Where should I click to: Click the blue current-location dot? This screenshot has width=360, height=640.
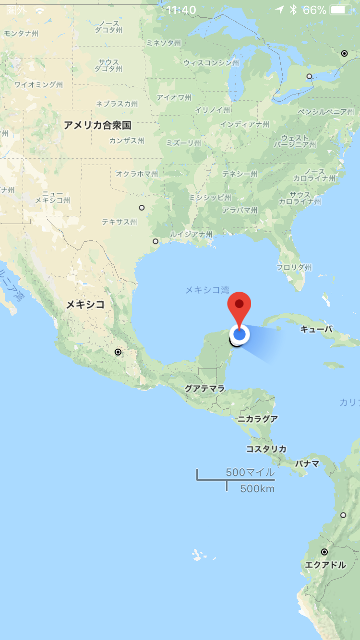[x=240, y=334]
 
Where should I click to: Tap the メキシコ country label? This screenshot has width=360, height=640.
[x=85, y=304]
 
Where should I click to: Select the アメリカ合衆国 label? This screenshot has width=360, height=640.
[x=97, y=125]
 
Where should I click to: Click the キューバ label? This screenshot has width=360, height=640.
[x=316, y=329]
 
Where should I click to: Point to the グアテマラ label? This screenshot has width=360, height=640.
[x=205, y=389]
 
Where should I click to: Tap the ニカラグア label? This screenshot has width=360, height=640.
[x=258, y=419]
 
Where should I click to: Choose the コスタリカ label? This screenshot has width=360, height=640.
[x=266, y=449]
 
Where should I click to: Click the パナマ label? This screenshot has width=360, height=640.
[x=307, y=464]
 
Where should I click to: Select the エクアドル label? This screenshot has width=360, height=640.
[x=325, y=565]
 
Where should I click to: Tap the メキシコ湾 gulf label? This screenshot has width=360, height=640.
[x=207, y=290]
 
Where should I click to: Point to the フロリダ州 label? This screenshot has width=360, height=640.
[x=294, y=267]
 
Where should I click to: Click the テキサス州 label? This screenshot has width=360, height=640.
[x=119, y=222]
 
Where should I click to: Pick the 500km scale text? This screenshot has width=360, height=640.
[x=257, y=489]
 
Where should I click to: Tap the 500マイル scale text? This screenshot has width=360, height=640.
[x=250, y=472]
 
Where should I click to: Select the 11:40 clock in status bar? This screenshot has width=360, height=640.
[x=181, y=10]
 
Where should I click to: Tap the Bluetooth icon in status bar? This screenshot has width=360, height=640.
[x=293, y=10]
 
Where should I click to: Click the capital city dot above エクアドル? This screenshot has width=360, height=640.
[x=324, y=552]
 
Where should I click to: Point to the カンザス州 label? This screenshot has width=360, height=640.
[x=126, y=141]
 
